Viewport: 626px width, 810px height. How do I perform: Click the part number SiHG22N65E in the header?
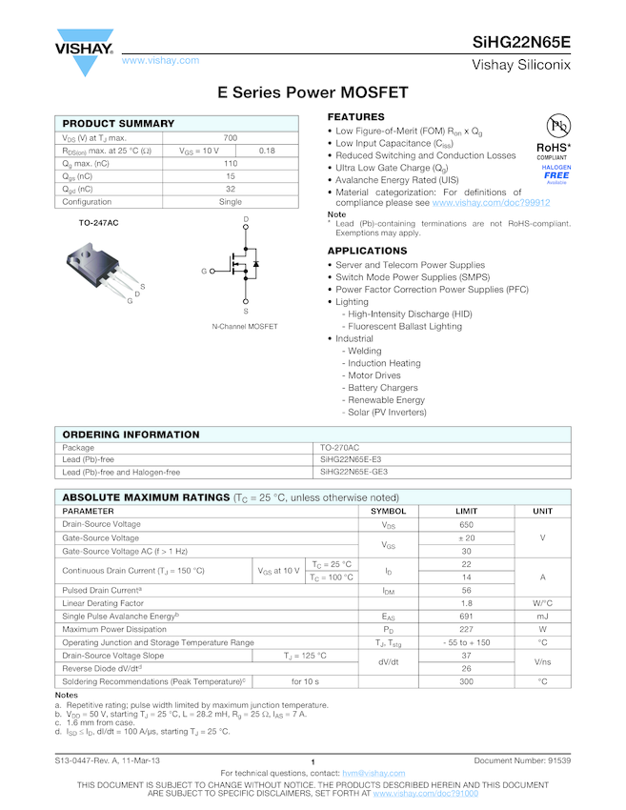(522, 43)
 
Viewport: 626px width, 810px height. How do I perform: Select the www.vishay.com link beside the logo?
(160, 60)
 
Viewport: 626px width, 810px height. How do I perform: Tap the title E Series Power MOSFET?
(313, 92)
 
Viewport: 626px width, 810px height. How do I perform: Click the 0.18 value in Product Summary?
(267, 151)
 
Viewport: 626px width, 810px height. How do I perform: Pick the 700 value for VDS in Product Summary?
(231, 138)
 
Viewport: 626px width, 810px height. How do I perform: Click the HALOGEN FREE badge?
(556, 173)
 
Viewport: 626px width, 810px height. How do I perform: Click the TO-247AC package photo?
(102, 268)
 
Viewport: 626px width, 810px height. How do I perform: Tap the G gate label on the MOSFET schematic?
(203, 272)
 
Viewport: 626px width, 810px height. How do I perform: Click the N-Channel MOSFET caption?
(245, 327)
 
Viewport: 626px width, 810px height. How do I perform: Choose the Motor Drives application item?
(374, 375)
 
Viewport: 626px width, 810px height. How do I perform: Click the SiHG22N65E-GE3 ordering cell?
(353, 472)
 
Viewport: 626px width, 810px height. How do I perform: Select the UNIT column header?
(542, 511)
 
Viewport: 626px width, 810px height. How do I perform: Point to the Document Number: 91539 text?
(522, 760)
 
